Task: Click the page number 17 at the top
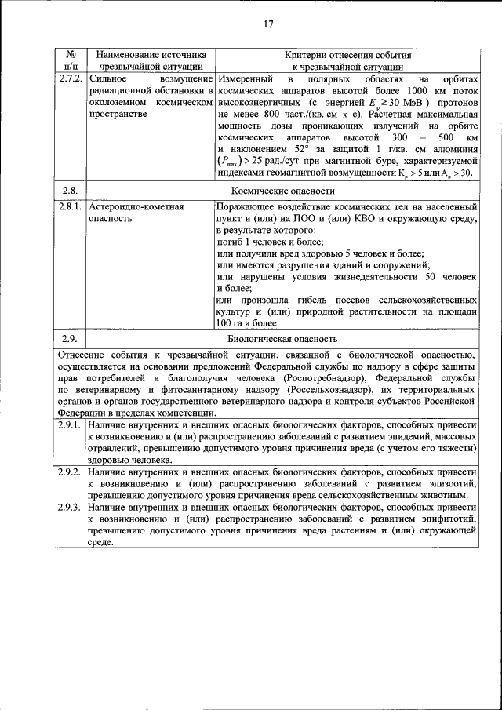tap(267, 24)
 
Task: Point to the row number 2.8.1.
tap(70, 207)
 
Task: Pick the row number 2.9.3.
tap(70, 508)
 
